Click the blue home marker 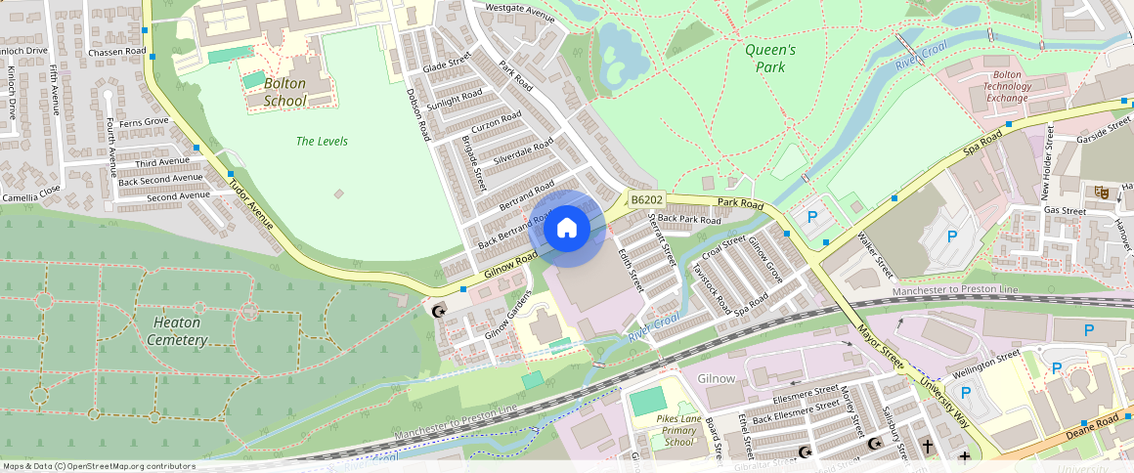coord(566,229)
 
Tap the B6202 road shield coord(646,199)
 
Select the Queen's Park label coord(770,58)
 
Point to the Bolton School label coord(285,92)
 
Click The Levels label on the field coord(322,142)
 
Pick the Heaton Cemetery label coord(177,331)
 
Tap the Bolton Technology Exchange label coord(1007,86)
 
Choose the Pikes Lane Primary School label coord(678,430)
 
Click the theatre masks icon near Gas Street coord(1101,193)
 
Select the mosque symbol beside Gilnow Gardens coord(438,312)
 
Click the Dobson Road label coord(418,114)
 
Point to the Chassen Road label coord(116,52)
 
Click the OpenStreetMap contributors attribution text coord(98,466)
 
